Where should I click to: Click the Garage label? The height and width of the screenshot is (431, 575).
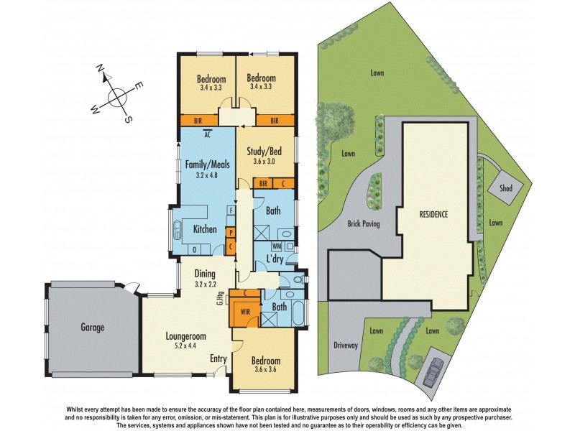point(92,328)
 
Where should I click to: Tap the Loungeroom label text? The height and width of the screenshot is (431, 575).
point(186,335)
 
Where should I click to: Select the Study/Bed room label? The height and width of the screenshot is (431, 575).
point(265,152)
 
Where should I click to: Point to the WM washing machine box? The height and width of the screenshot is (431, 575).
point(277,246)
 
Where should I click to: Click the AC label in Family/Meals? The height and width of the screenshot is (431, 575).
point(207,134)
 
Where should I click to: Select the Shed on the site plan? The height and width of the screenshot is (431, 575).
point(500,188)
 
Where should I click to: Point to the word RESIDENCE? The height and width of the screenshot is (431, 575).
point(434,214)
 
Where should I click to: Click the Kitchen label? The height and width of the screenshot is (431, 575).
point(205,230)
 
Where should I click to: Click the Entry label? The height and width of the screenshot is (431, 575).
point(218,358)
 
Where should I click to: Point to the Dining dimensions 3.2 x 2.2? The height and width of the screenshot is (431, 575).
point(206,284)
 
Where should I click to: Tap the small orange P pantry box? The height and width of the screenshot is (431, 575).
point(231,232)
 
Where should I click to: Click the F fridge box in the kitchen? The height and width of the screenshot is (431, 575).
point(231,210)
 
